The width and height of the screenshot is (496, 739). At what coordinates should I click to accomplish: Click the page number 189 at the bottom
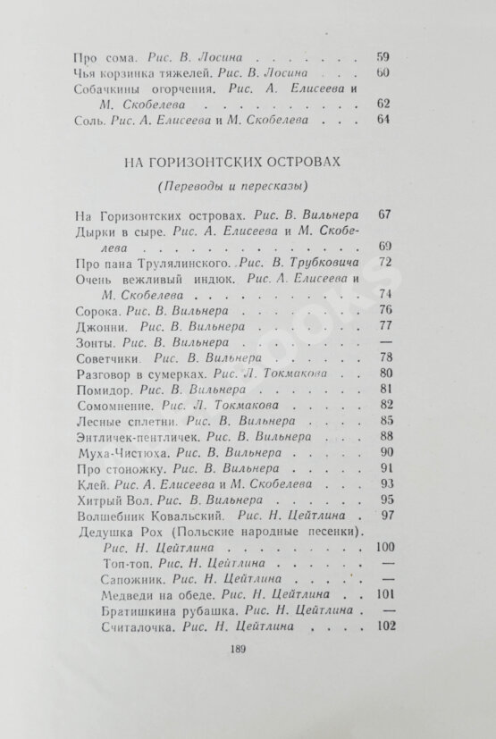click(237, 676)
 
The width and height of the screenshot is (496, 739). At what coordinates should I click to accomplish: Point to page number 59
click(383, 53)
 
